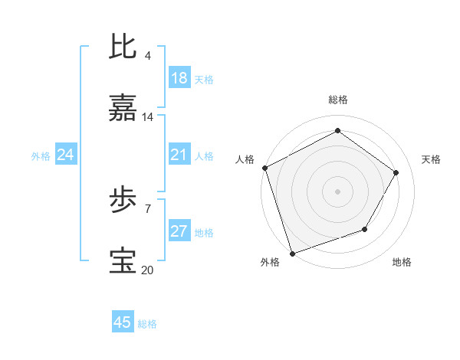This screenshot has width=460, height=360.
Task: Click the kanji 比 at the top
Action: pyautogui.click(x=124, y=47)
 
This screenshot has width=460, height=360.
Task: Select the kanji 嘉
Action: pyautogui.click(x=124, y=109)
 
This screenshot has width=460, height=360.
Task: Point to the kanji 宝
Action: pyautogui.click(x=124, y=261)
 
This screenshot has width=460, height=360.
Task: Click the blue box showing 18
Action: pyautogui.click(x=179, y=78)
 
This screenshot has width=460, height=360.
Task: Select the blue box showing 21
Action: pyautogui.click(x=179, y=155)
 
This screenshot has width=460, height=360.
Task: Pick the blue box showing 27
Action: pyautogui.click(x=179, y=231)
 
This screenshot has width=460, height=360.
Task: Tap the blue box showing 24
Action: pyautogui.click(x=66, y=155)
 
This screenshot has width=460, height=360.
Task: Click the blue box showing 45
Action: pyautogui.click(x=123, y=322)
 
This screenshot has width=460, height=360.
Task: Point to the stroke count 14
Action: pyautogui.click(x=148, y=117)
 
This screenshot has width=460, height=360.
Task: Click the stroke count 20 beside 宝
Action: pyautogui.click(x=148, y=270)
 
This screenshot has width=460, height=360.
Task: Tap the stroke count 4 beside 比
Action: pyautogui.click(x=147, y=56)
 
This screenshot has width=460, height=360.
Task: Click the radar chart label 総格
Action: pyautogui.click(x=337, y=100)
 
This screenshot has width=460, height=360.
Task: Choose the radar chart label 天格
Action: pyautogui.click(x=431, y=159)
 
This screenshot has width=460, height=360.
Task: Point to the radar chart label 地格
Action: pyautogui.click(x=402, y=263)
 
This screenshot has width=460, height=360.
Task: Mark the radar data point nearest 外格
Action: pyautogui.click(x=292, y=252)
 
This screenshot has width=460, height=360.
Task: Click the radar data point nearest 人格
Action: pyautogui.click(x=264, y=168)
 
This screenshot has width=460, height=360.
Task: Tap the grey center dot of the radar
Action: pyautogui.click(x=337, y=191)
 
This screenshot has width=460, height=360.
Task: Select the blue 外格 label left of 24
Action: pyautogui.click(x=41, y=155)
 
